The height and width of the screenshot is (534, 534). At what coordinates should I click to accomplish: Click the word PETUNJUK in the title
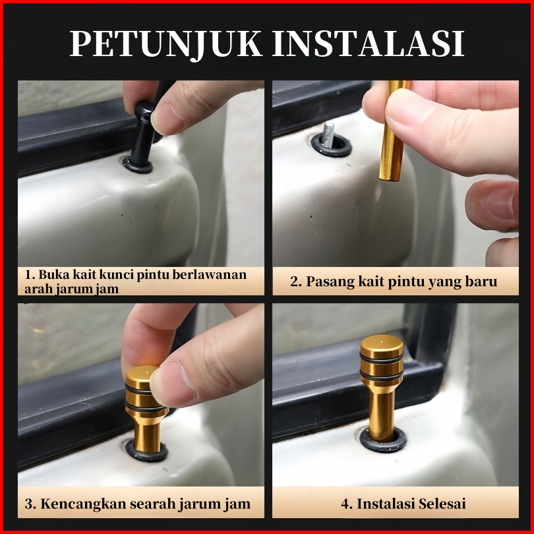click(166, 44)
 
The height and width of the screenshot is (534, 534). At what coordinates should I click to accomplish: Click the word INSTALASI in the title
click(369, 44)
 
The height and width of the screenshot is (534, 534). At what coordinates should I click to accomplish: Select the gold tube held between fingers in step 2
click(392, 131)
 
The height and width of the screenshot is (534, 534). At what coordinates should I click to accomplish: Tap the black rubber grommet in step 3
click(146, 450)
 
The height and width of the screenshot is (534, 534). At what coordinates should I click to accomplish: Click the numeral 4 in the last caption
click(345, 504)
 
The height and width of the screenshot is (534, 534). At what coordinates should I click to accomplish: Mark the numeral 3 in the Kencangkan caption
click(29, 504)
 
